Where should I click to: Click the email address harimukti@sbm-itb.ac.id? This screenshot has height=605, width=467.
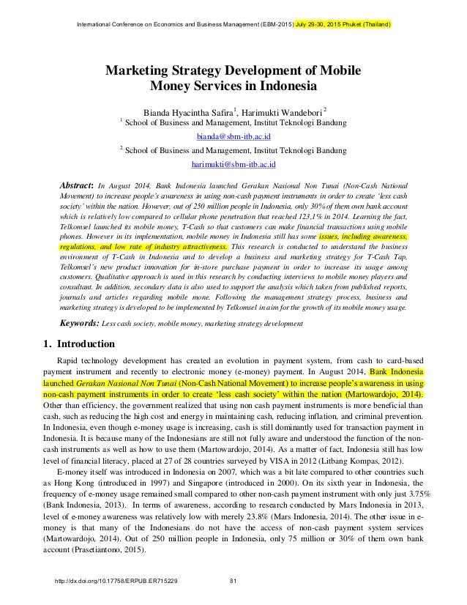tap(233, 166)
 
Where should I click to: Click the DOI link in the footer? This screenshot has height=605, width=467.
tap(112, 582)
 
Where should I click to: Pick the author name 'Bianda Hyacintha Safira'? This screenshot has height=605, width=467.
tap(186, 112)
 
